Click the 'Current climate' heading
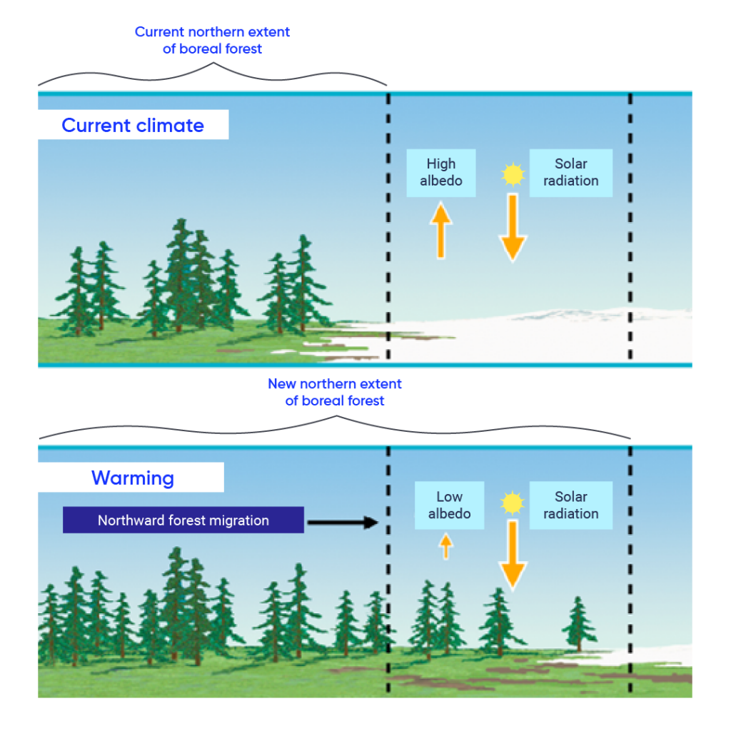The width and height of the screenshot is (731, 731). pos(133,126)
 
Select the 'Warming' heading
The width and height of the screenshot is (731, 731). pos(132,477)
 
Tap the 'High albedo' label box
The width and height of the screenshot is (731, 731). pos(440,173)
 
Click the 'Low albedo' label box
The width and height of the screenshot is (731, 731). pos(449,505)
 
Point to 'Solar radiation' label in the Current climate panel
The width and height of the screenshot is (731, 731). pos(570,173)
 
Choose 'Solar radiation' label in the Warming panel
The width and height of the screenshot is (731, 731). pos(570,505)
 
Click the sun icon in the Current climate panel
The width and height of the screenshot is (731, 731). pos(512,173)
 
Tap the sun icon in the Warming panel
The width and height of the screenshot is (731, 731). pos(512,503)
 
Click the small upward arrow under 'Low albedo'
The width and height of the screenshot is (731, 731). pos(445,547)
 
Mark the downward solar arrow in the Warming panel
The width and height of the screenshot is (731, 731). pos(513,555)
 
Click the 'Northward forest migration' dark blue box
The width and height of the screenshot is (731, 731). pos(183,520)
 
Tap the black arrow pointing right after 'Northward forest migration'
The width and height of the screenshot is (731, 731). pos(341,523)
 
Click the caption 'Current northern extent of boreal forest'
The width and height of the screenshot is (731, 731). pos(213,41)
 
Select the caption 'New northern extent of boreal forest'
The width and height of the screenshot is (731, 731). pos(335,392)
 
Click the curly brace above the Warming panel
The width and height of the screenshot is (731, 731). pos(335,424)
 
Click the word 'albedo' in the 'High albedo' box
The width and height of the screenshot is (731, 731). pos(440,181)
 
